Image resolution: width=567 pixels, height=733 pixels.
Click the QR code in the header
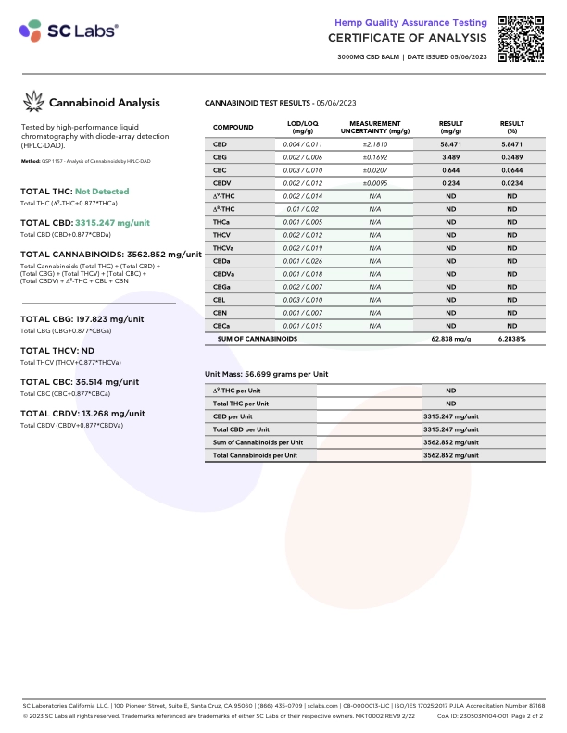522,38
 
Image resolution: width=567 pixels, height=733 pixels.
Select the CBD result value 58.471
451,145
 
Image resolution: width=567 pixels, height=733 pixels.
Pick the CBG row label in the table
220,158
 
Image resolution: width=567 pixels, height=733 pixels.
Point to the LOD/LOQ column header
303,127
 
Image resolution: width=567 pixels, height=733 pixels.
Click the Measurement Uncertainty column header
374,127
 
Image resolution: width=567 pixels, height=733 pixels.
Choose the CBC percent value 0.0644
511,171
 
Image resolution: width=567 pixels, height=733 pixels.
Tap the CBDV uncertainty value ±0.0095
374,184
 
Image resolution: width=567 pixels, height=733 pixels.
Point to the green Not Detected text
102,192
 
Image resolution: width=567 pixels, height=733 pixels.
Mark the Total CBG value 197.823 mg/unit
109,319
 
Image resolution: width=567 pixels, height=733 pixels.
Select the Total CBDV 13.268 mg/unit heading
82,414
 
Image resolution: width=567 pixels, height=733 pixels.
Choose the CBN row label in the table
220,314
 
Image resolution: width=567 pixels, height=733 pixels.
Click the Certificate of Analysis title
407,38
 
